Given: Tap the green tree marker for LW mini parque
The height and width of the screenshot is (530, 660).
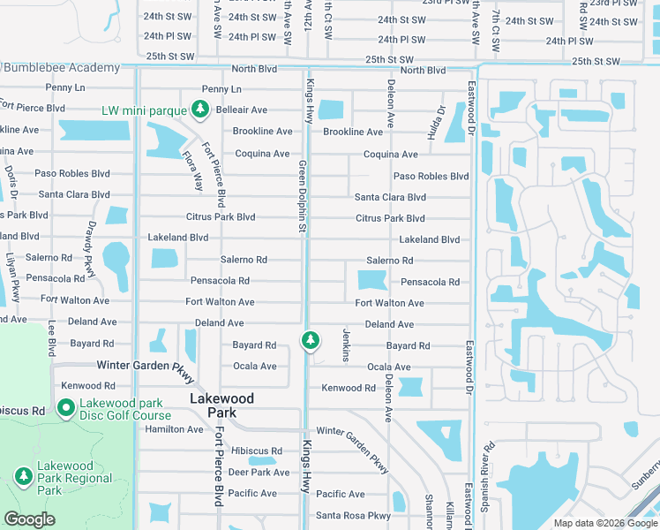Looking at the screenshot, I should [x=200, y=110].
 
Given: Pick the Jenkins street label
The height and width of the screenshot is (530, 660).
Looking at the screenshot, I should [x=346, y=344].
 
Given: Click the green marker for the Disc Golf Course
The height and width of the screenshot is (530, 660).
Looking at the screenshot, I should [x=65, y=408].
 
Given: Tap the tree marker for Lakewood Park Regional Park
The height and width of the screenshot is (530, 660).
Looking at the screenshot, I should [x=23, y=477].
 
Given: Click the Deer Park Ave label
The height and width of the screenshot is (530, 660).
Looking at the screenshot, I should [x=259, y=473].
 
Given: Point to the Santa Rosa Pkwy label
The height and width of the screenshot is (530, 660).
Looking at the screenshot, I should [x=353, y=516].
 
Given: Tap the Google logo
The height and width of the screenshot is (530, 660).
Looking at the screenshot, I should [x=29, y=519].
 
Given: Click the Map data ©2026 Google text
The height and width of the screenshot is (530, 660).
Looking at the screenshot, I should [x=604, y=523].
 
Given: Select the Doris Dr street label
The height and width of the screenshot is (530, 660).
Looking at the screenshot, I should [x=11, y=184].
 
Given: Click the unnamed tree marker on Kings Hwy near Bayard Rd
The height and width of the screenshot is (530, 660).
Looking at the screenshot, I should [x=310, y=339].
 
